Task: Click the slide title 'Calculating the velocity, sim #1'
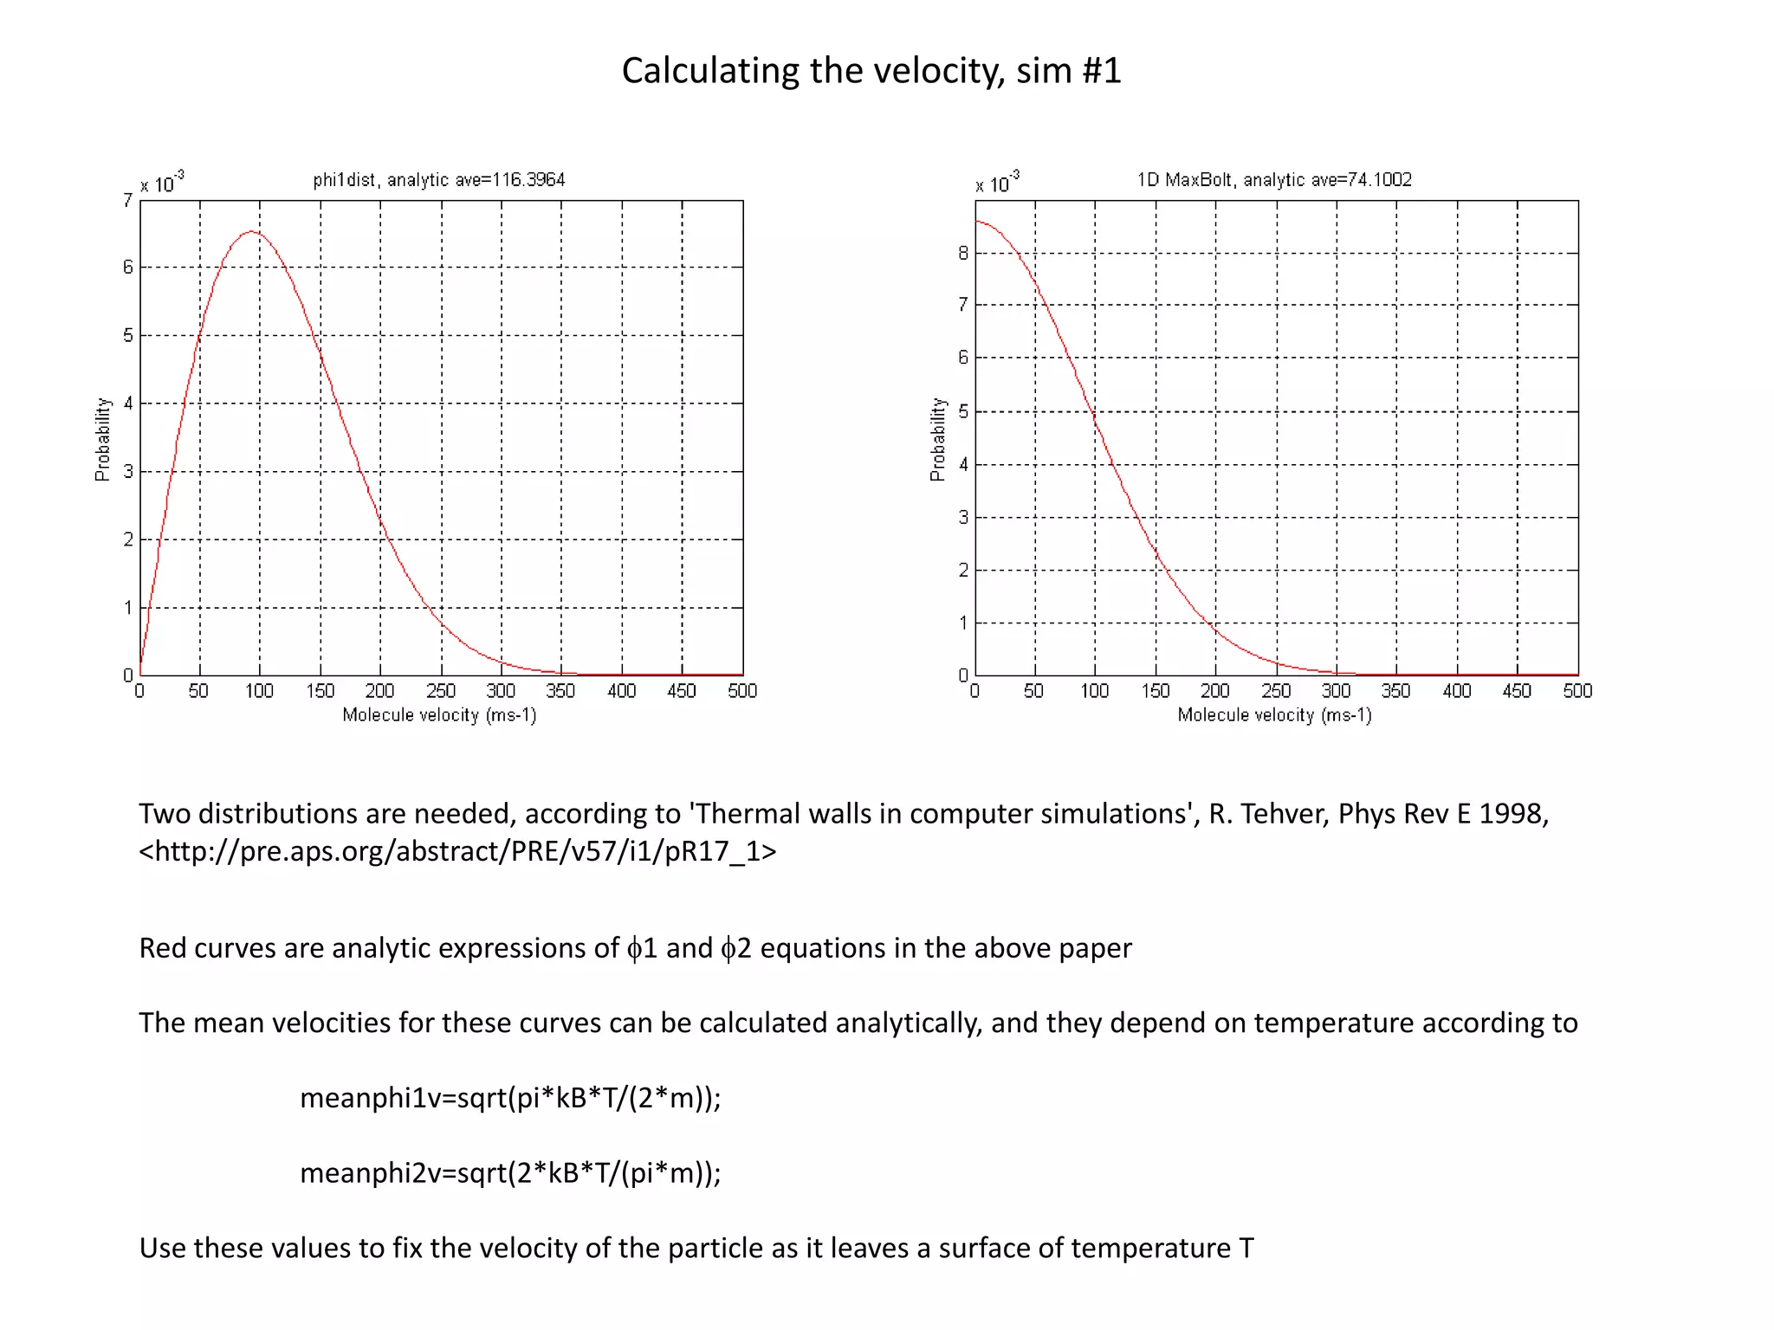click(871, 71)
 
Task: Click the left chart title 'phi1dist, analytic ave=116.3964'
click(438, 180)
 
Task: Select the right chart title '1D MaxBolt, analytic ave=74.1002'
click(1273, 180)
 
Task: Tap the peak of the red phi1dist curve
click(251, 232)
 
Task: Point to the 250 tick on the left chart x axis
click(441, 691)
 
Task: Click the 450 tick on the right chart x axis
click(1517, 691)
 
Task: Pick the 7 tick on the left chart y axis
click(128, 201)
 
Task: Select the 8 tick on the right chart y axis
click(963, 254)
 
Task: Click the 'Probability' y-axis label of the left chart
click(103, 439)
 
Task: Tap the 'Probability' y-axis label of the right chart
click(938, 439)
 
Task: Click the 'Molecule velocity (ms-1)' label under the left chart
click(439, 715)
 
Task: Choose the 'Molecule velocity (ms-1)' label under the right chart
click(1274, 715)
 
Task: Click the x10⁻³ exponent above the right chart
click(998, 183)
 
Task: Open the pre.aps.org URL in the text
click(457, 851)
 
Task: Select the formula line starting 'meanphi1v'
click(510, 1098)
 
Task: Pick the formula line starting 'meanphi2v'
click(510, 1173)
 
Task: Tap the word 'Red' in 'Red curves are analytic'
click(162, 948)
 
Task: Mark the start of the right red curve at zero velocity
click(977, 222)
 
